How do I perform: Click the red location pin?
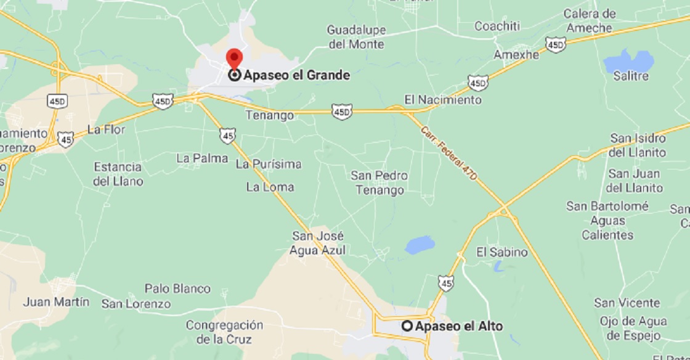[x=234, y=58]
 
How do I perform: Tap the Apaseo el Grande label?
[x=296, y=75]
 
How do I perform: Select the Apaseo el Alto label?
[x=458, y=326]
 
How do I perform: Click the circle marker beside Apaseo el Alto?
[x=407, y=326]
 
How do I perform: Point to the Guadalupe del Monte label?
[x=356, y=37]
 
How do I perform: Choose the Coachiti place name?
[x=497, y=26]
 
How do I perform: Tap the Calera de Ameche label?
[x=589, y=21]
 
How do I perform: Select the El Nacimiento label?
[x=442, y=99]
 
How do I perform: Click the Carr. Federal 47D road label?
[x=449, y=153]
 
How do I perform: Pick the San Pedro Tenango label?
[x=379, y=182]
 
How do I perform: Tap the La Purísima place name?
[x=269, y=164]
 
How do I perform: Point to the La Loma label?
[x=270, y=187]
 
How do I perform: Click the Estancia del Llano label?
[x=118, y=174]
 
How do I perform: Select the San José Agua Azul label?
[x=318, y=243]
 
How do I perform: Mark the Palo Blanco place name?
[x=177, y=288]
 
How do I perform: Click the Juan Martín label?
[x=56, y=302]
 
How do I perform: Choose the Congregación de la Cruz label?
[x=224, y=332]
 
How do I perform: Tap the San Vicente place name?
[x=627, y=303]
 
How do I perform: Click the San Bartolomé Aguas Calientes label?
[x=608, y=220]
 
